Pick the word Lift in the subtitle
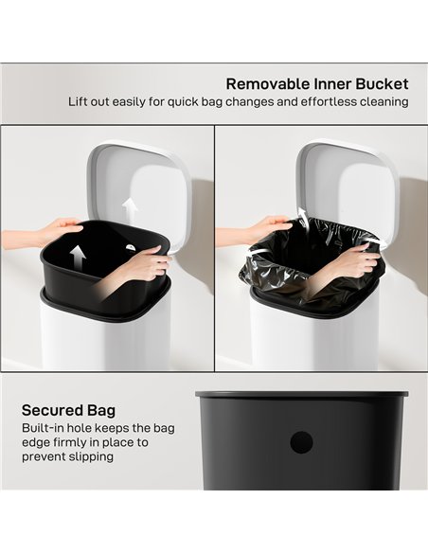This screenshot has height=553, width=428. coord(78,101)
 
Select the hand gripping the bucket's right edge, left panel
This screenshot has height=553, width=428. coord(147,262)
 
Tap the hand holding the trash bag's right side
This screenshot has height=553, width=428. coord(357,261)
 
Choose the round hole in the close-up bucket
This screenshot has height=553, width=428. coord(301,440)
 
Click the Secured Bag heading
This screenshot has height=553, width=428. coord(68,410)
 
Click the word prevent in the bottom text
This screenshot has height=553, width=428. coord(44,456)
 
